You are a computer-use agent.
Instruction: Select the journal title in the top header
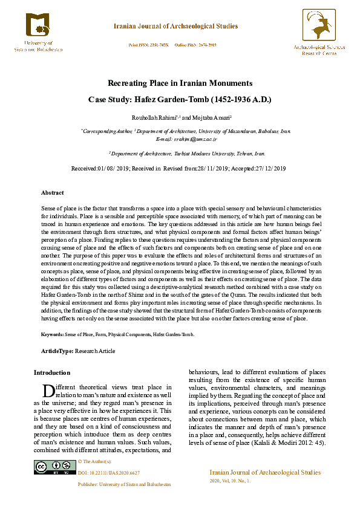(176, 27)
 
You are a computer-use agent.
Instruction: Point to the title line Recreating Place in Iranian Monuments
(180, 83)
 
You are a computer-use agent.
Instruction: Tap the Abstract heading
(52, 192)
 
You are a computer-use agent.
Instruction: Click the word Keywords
(53, 334)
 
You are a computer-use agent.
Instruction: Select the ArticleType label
(56, 351)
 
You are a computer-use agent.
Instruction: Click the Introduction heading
(51, 372)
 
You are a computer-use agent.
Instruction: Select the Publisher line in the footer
(124, 484)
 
